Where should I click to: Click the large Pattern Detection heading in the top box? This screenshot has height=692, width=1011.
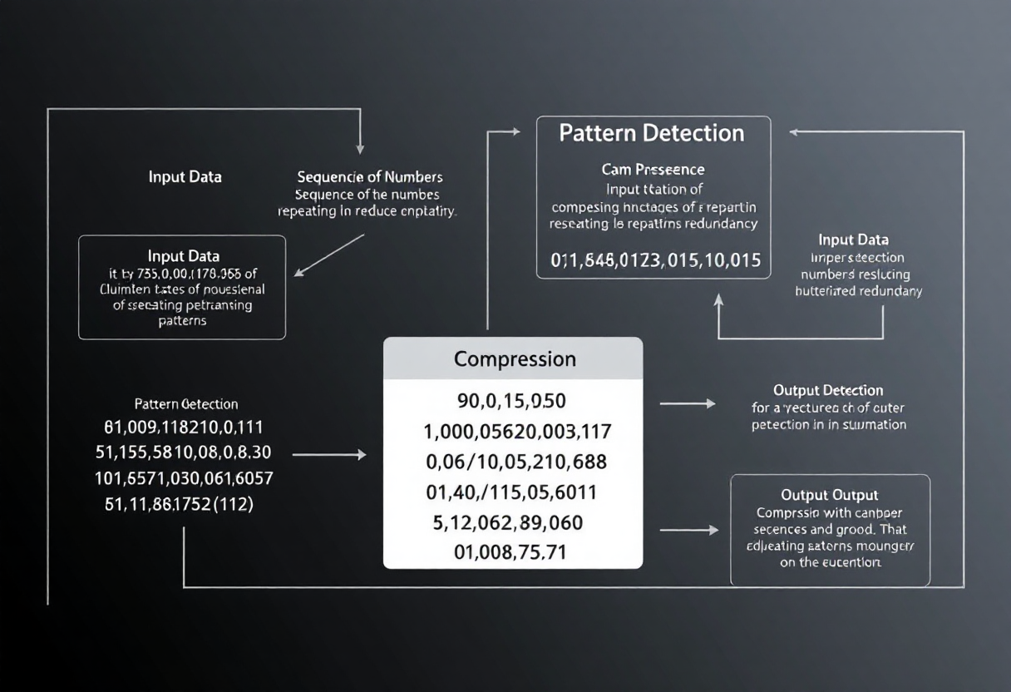651,133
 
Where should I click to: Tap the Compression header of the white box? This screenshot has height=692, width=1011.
515,359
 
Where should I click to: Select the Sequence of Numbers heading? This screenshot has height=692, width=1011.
370,177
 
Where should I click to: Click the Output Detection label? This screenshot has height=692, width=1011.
828,390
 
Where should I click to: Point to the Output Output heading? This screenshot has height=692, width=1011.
830,495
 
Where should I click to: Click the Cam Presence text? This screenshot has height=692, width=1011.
653,170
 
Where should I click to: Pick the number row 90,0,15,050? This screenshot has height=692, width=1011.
511,402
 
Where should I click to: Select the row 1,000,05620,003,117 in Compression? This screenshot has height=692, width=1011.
517,432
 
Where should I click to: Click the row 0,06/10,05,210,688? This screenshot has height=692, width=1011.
515,462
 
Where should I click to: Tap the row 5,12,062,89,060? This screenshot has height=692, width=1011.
508,523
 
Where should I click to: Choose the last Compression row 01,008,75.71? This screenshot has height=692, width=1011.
510,551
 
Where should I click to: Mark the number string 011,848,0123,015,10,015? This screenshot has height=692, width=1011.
655,260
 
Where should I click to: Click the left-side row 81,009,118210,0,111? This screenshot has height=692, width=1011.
184,428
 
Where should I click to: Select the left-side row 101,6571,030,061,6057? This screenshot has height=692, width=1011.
184,478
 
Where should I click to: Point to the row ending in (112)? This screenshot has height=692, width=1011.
179,503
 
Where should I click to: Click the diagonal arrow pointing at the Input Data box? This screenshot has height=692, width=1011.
328,255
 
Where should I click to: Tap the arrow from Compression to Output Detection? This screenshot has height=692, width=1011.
687,403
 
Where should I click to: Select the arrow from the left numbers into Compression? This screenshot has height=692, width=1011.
329,455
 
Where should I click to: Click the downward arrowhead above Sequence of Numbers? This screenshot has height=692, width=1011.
360,147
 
